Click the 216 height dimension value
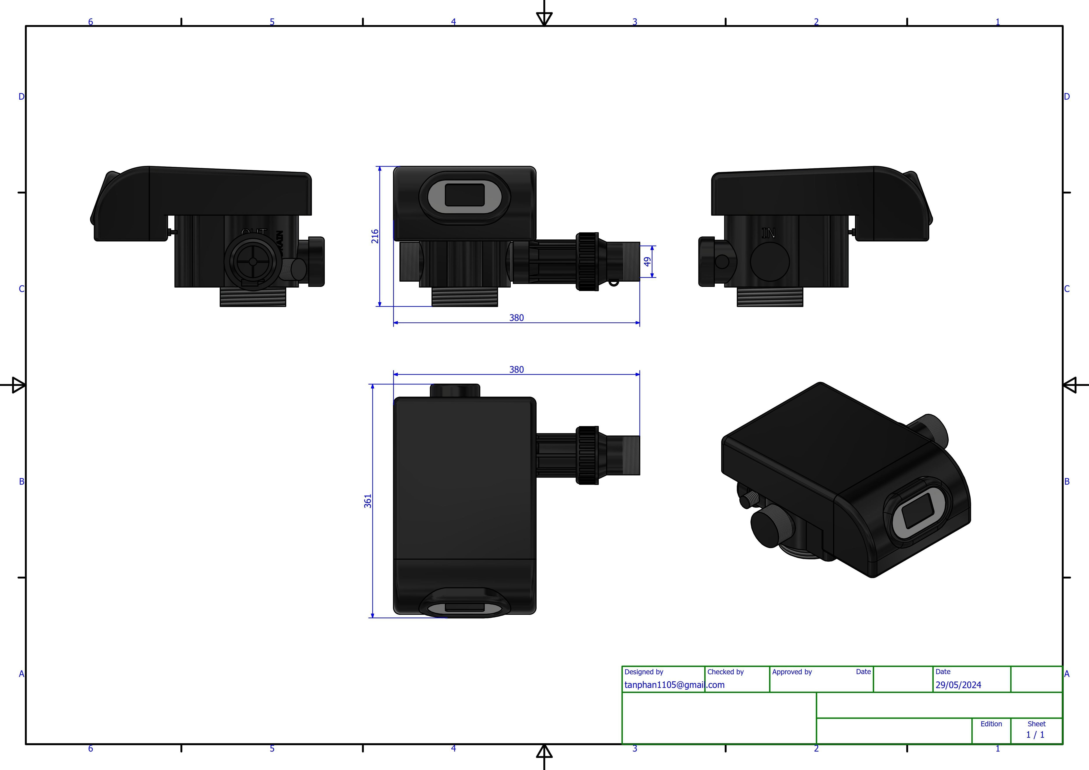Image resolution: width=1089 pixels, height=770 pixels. click(x=375, y=236)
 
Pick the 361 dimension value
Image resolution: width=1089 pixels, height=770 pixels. click(x=368, y=501)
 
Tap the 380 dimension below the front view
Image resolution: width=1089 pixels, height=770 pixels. click(x=516, y=318)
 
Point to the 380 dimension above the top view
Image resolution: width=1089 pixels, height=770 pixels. click(x=516, y=370)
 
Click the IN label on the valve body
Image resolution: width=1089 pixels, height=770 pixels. click(x=768, y=233)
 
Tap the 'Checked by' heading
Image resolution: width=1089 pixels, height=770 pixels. click(x=725, y=672)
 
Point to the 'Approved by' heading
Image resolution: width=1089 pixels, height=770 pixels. click(x=792, y=672)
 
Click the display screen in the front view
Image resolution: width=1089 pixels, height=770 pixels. click(x=464, y=195)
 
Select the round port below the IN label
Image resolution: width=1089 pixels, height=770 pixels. click(x=770, y=261)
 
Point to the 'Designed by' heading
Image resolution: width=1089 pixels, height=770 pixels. click(x=644, y=672)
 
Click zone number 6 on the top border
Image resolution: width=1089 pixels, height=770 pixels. click(x=91, y=22)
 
